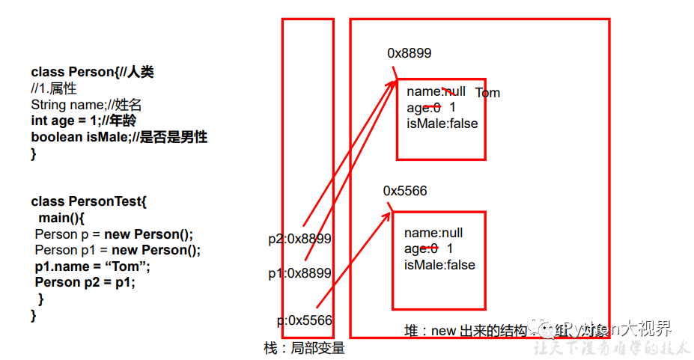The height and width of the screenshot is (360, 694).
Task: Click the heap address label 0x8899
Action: click(409, 53)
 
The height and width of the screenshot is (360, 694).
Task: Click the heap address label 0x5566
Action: click(405, 191)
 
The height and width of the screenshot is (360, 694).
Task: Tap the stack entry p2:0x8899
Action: click(299, 239)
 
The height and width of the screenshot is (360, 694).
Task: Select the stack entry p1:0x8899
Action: click(299, 273)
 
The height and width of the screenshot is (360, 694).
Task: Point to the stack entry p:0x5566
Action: click(304, 320)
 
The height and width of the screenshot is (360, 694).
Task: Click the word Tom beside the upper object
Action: click(487, 93)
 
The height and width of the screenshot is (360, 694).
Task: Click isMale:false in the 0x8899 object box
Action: click(442, 123)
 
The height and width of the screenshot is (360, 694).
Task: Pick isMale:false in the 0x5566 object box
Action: click(439, 265)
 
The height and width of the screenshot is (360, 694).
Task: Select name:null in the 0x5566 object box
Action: click(433, 233)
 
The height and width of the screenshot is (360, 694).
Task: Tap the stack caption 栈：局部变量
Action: click(304, 348)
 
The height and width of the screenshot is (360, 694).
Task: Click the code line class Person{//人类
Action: click(92, 73)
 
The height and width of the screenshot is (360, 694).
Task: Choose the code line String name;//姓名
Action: click(86, 105)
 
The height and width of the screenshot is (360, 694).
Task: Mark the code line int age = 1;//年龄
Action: click(83, 120)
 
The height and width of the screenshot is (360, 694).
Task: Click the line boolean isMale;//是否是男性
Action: click(119, 137)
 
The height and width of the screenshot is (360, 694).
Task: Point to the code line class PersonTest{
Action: click(88, 201)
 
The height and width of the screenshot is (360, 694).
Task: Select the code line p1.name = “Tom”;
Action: click(93, 266)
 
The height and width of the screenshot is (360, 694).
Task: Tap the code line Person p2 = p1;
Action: click(85, 282)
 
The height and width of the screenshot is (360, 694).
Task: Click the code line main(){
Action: click(63, 218)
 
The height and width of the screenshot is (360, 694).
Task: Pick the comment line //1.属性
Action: click(54, 89)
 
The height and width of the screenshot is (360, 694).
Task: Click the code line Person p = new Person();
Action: click(114, 234)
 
